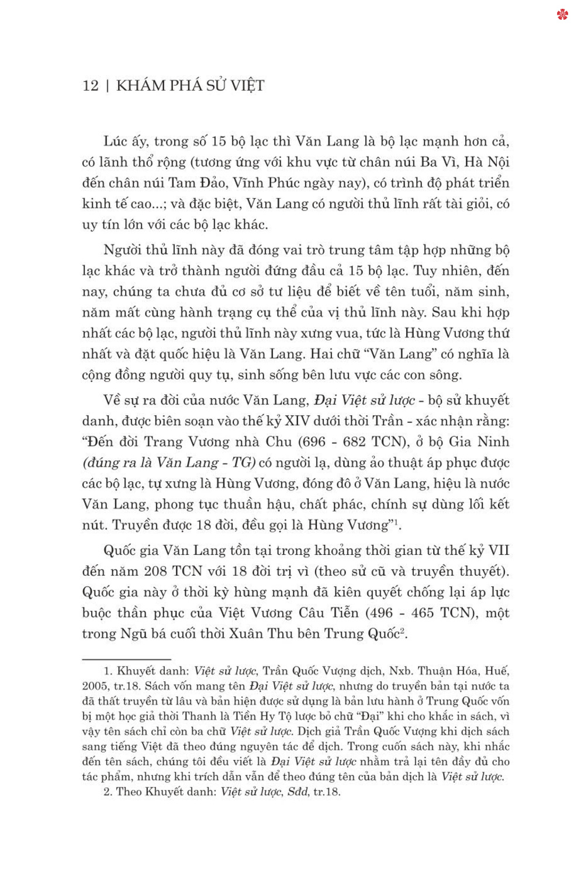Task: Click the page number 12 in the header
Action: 91,86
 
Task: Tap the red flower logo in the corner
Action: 562,15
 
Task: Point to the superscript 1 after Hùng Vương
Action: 396,522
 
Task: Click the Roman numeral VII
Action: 499,551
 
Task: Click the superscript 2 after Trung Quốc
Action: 403,630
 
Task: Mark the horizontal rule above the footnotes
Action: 126,660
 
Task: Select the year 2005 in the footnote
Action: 95,686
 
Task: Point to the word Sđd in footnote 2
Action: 298,792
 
